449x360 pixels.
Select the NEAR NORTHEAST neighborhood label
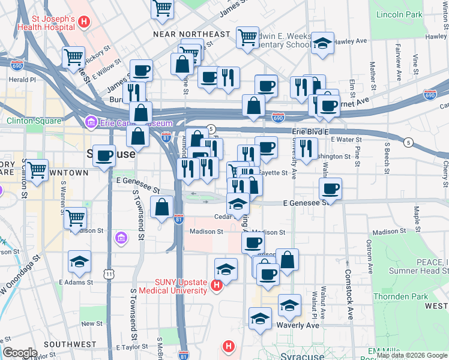coord(191,34)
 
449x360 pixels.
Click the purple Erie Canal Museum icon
coord(91,123)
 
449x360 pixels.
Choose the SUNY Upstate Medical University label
coord(173,287)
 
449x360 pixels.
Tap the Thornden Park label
coord(401,296)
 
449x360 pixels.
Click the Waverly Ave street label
coord(298,325)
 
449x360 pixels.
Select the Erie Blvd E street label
coord(312,131)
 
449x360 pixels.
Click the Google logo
coord(20,353)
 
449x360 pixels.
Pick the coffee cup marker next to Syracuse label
coord(104,155)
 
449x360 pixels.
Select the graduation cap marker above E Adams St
coord(79,261)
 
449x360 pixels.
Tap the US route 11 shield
coord(109,274)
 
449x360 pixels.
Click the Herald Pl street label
coord(22,79)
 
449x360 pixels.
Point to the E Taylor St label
coord(131,347)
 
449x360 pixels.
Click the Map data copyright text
coord(411,355)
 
